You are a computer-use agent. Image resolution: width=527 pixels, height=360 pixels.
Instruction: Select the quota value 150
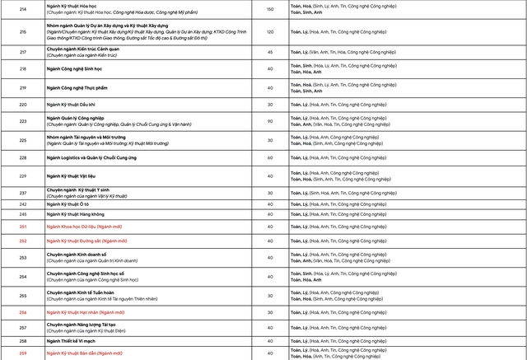coord(270,9)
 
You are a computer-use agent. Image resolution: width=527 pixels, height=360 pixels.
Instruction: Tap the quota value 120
coord(270,31)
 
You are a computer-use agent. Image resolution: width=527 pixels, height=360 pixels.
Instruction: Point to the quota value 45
coord(270,52)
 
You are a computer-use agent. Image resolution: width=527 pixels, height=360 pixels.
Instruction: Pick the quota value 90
coord(270,122)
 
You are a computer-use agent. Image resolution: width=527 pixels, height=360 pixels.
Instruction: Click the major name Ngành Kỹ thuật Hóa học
coord(76,6)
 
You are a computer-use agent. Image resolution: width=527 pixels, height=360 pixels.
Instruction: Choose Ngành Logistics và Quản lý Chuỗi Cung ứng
coord(102,157)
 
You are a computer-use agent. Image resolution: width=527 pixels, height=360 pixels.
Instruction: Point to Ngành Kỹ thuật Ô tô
coord(71,203)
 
